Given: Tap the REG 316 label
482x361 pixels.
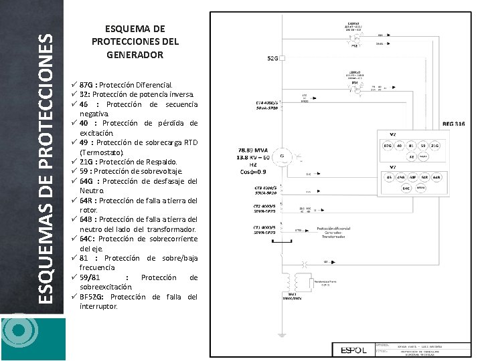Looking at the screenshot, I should tap(455, 124).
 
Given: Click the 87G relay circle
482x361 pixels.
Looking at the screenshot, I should tap(388, 146).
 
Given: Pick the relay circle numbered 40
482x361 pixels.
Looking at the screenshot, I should tap(400, 146).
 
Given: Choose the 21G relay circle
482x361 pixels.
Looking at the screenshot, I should tap(436, 146).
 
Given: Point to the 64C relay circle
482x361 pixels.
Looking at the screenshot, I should tap(406, 189).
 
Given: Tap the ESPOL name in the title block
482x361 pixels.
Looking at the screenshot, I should tap(354, 350).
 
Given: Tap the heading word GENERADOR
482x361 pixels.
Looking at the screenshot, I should tap(135, 54).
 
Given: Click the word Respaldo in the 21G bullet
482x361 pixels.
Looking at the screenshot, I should tap(161, 162).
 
